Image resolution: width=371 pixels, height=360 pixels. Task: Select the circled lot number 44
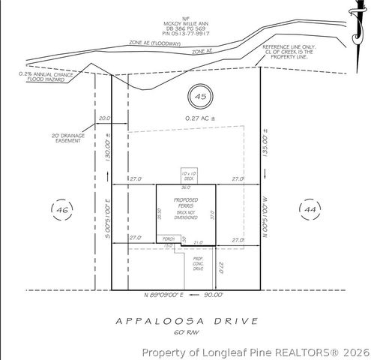(309, 208)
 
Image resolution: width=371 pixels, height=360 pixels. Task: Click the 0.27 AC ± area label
(199, 118)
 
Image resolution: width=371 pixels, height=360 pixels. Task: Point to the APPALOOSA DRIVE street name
(187, 320)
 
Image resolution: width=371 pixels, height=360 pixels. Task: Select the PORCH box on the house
(169, 239)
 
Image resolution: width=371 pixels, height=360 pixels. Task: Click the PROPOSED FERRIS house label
(187, 204)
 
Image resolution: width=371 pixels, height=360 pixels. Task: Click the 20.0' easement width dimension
(103, 118)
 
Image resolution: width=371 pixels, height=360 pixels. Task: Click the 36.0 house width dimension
(186, 187)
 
